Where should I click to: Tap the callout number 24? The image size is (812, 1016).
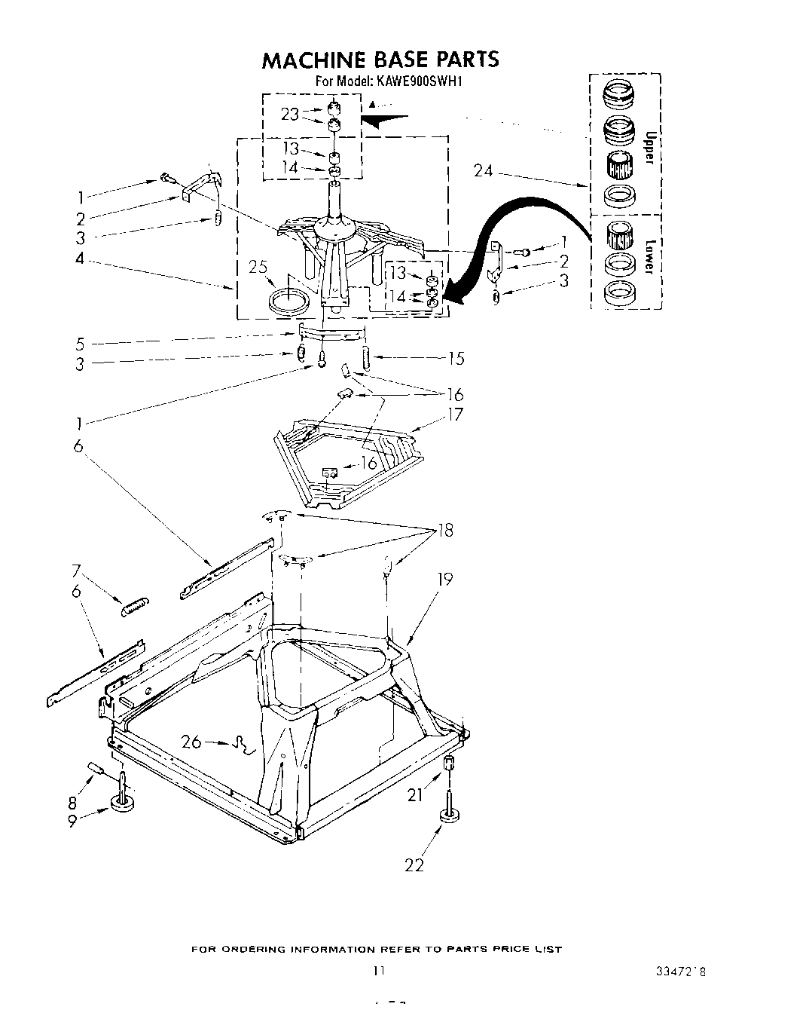[x=483, y=171]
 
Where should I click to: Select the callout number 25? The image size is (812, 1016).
[x=259, y=268]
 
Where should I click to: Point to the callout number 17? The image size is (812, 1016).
[x=454, y=414]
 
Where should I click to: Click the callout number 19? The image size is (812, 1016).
[x=445, y=579]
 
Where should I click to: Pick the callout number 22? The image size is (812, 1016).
[x=414, y=865]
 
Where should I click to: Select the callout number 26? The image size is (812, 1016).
[x=191, y=742]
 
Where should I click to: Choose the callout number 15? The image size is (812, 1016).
[x=456, y=359]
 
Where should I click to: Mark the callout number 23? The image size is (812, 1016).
[x=290, y=114]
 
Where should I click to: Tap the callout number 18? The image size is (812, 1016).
[x=445, y=531]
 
